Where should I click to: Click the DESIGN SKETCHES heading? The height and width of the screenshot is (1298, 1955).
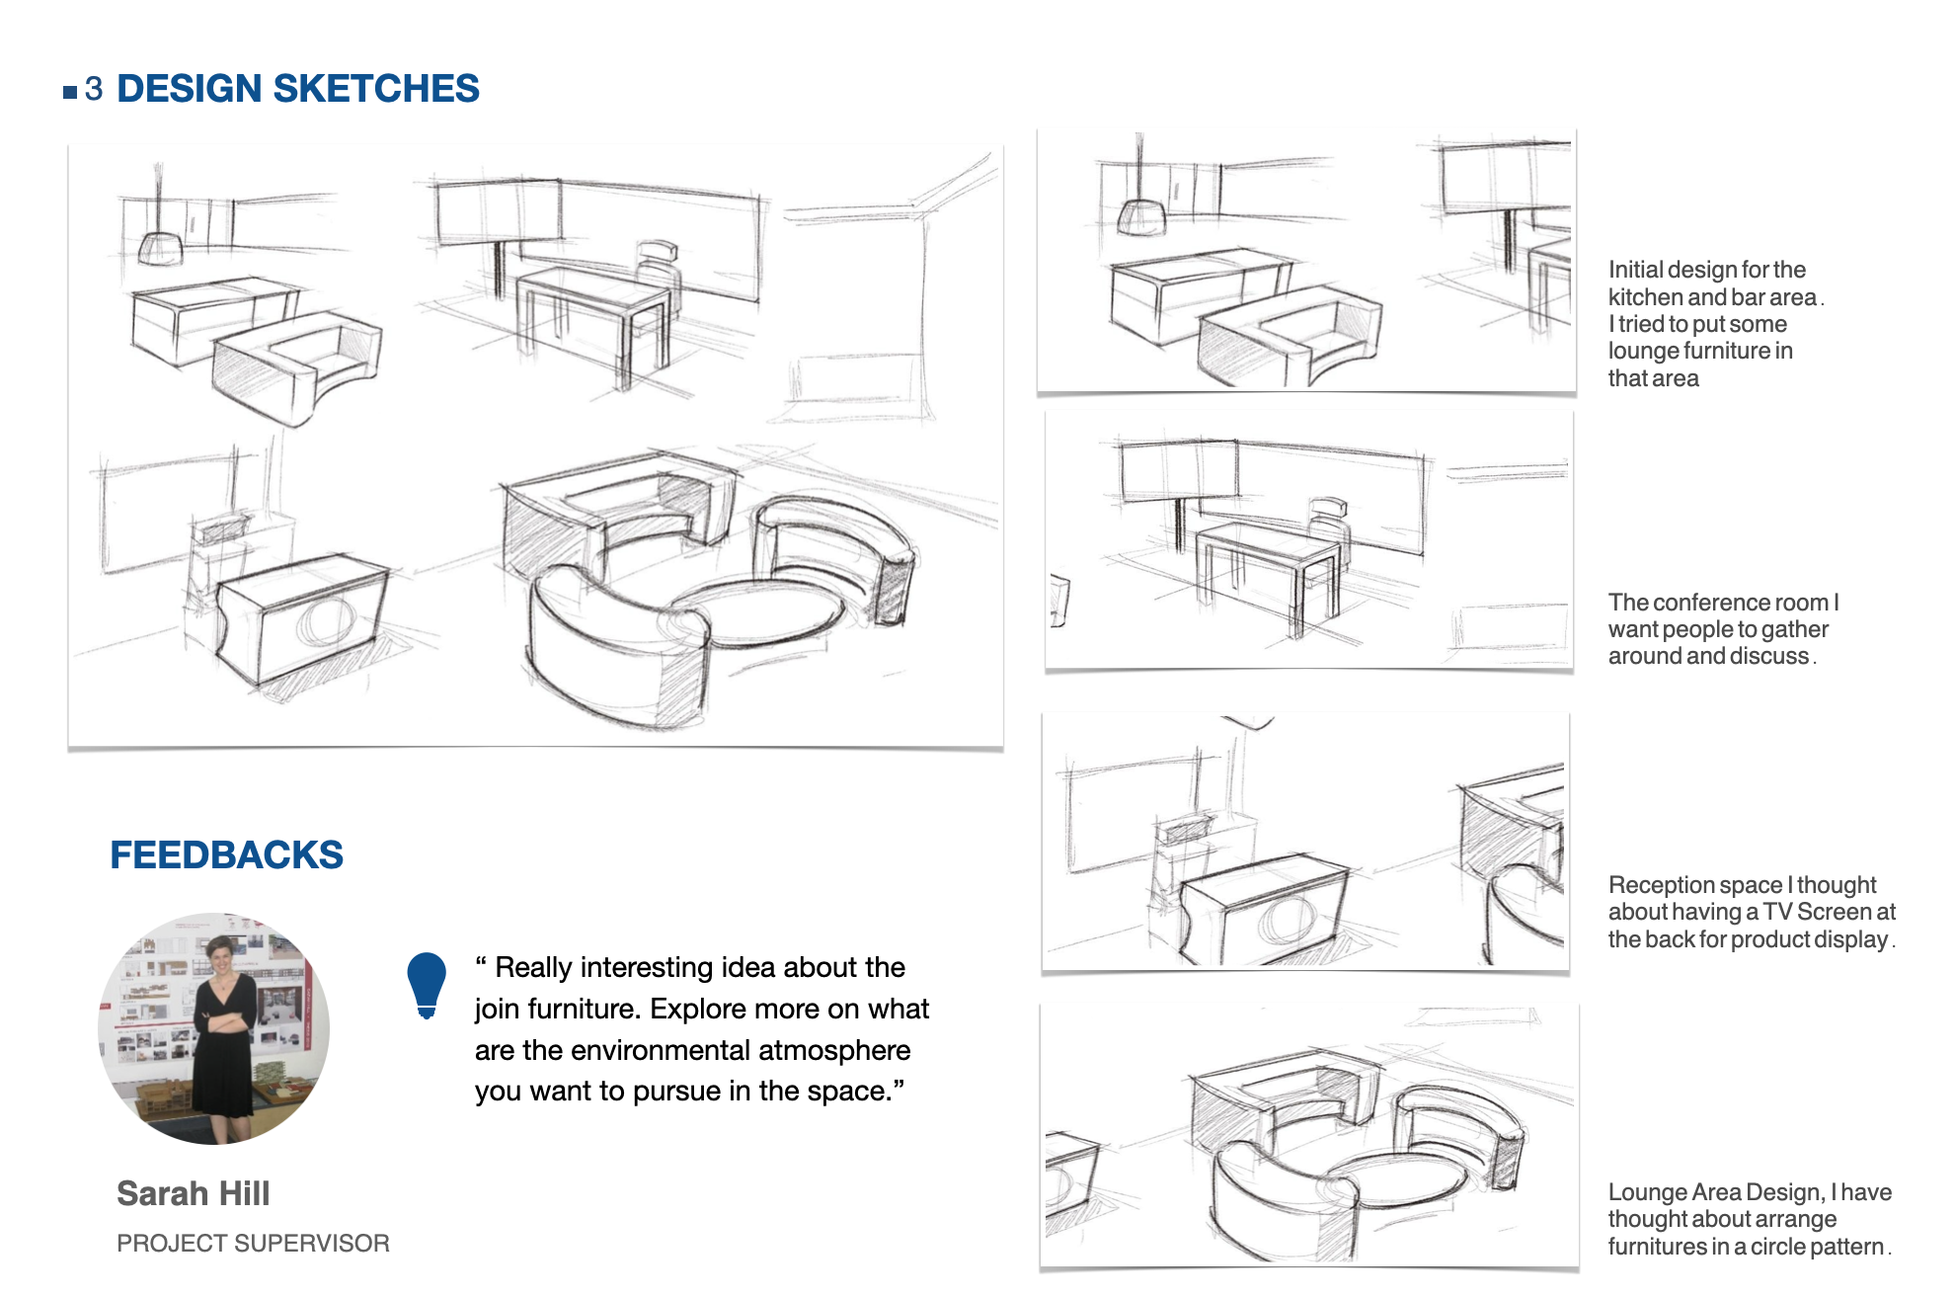point(297,89)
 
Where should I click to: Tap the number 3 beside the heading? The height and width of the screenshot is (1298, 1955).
point(94,89)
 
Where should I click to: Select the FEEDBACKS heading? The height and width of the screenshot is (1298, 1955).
point(226,854)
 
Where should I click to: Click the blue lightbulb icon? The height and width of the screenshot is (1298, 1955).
point(427,983)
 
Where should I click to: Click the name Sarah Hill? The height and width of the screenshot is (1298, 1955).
point(193,1193)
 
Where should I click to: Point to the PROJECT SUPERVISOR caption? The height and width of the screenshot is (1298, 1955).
point(253,1243)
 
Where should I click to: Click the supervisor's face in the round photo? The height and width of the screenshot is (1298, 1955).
point(220,954)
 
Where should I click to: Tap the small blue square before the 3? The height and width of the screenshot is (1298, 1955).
point(70,92)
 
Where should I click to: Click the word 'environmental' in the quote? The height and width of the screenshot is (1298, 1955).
point(692,1050)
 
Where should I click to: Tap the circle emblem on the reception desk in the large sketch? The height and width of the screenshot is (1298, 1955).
point(326,619)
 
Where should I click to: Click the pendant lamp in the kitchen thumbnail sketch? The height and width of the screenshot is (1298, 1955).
point(1141,215)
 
